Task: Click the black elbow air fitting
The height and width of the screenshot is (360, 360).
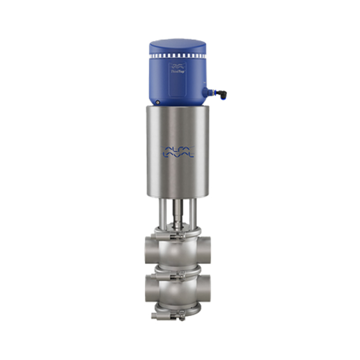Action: [x=221, y=94]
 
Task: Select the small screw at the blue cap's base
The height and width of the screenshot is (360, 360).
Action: [x=157, y=103]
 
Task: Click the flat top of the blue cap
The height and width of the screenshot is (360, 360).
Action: [x=178, y=44]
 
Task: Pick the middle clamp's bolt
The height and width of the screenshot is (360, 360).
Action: [x=180, y=273]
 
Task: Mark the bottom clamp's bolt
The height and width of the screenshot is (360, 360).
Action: [x=180, y=318]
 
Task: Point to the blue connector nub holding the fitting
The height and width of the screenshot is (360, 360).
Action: [x=207, y=92]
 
